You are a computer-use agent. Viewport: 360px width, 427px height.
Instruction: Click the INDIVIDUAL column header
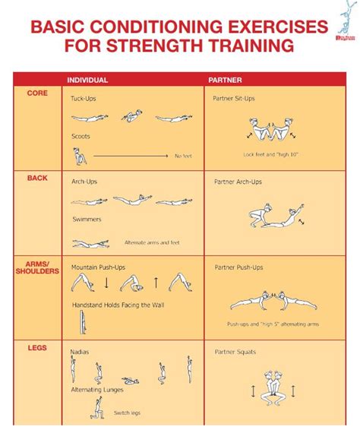coord(87,80)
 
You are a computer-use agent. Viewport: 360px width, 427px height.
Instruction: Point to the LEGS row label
coord(37,348)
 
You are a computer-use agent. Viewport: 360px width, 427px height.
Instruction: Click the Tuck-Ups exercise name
coord(84,99)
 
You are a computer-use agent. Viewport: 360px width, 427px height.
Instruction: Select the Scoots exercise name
coord(81,137)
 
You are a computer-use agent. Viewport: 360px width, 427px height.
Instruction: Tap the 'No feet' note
coord(183,156)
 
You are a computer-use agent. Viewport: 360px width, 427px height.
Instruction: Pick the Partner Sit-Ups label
coord(235,99)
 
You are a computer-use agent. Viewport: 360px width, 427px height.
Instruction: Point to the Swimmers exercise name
coord(86,220)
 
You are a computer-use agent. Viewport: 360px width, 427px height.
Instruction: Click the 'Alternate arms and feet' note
coord(151,243)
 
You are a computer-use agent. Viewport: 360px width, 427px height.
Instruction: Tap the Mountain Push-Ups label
coord(99,267)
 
